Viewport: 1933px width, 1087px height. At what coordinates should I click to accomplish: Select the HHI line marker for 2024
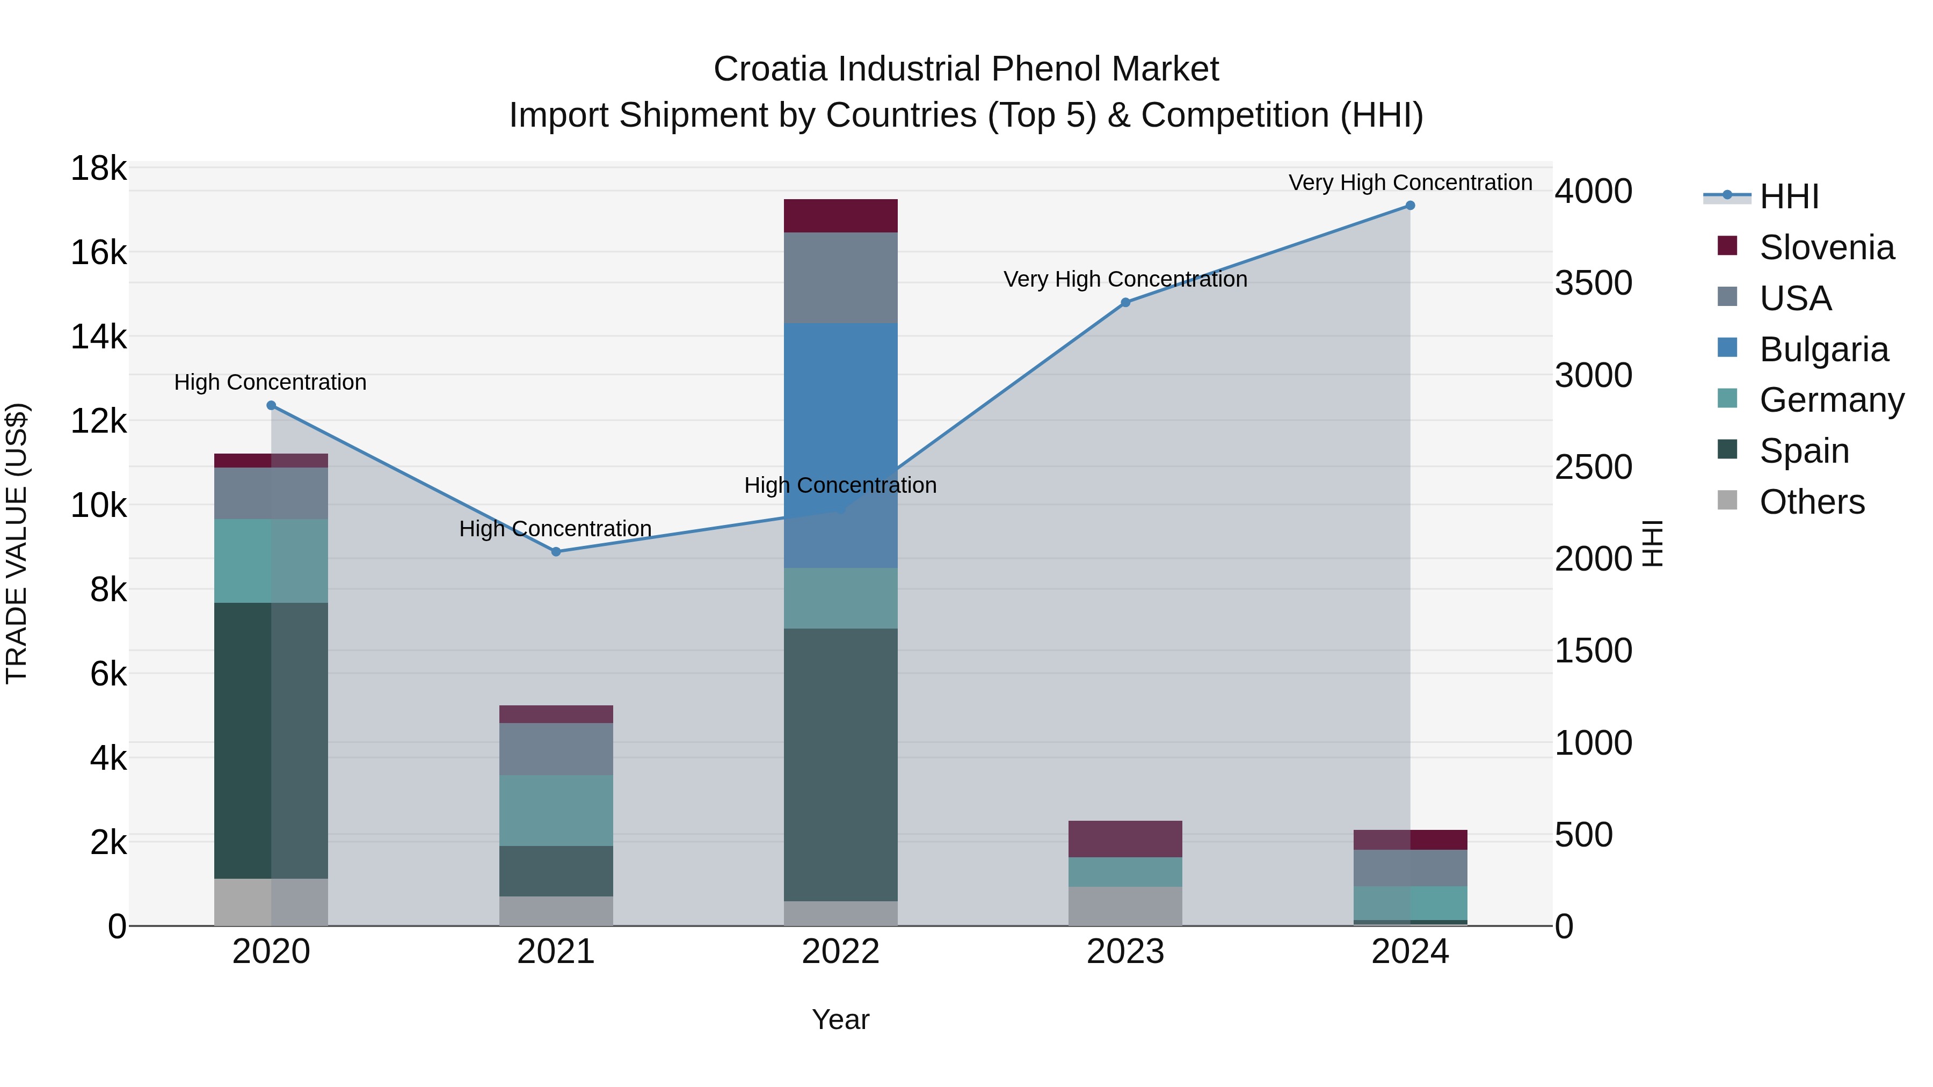pos(1410,206)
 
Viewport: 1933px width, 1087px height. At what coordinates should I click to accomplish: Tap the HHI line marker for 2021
pos(556,551)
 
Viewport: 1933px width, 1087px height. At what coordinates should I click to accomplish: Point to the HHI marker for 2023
pos(1125,302)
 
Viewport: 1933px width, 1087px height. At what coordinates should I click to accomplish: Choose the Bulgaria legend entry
pos(1823,349)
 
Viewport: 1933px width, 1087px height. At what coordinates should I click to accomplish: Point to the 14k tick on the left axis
pos(99,337)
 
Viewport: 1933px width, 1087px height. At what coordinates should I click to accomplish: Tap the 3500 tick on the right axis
pos(1593,283)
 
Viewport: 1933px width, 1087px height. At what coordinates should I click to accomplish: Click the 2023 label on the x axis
pos(1125,952)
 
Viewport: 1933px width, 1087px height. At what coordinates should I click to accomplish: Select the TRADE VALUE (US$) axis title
pos(17,543)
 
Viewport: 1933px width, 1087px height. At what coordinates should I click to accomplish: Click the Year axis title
pos(840,1019)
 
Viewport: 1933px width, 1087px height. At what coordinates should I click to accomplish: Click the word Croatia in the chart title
pos(770,69)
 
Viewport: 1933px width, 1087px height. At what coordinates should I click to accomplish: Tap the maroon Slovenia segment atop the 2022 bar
pos(840,216)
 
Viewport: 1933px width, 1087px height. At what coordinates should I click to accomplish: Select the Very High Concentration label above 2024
pos(1410,183)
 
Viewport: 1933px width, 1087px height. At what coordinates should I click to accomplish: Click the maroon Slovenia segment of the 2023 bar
pos(1125,838)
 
